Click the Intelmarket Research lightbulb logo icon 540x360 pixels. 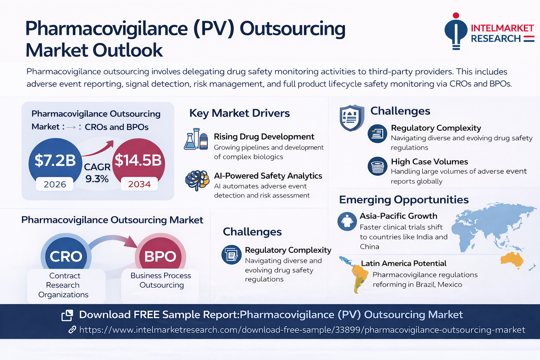456,32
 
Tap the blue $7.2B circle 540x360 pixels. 55,160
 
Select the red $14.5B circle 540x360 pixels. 138,160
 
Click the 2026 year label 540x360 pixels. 55,184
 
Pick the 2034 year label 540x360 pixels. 139,184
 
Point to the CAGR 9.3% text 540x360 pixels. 97,173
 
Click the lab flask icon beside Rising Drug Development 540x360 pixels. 196,139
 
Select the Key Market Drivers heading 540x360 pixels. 239,113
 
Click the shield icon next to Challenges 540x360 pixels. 352,117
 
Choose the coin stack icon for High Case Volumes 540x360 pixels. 378,166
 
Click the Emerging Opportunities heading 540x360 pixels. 404,200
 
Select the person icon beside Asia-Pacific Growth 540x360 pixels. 347,221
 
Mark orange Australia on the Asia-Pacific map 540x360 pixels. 512,260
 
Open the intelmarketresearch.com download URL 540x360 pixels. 302,330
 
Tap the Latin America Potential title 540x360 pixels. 403,263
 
